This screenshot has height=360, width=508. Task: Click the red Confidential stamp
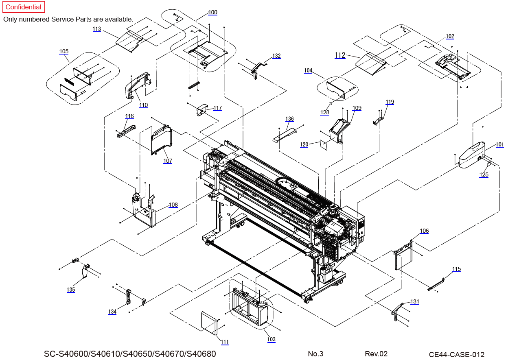(24, 7)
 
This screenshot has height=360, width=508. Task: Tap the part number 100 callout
(213, 13)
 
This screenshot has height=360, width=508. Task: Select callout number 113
(97, 29)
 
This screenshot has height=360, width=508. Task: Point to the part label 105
(64, 52)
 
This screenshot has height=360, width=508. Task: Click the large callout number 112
(340, 55)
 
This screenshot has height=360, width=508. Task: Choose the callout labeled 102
(450, 36)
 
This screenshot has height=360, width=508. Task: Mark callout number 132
(276, 56)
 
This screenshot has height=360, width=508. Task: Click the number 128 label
(325, 112)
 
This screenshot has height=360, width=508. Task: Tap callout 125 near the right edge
(484, 175)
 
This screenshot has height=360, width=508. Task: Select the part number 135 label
(71, 290)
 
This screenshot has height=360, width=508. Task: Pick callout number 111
(225, 342)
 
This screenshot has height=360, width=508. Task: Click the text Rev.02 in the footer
(376, 353)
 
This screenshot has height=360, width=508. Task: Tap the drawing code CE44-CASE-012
(457, 354)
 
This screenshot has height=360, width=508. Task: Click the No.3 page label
(315, 353)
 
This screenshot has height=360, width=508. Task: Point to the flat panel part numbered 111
(209, 323)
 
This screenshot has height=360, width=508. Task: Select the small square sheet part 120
(324, 145)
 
